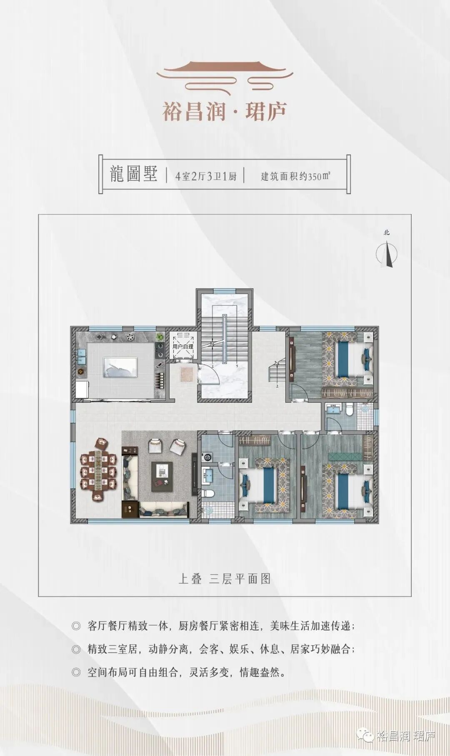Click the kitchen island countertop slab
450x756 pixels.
click(120, 367)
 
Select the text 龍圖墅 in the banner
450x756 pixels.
click(133, 175)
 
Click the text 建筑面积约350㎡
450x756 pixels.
click(295, 176)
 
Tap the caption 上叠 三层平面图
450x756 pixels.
click(225, 579)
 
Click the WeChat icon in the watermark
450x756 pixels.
click(367, 736)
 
